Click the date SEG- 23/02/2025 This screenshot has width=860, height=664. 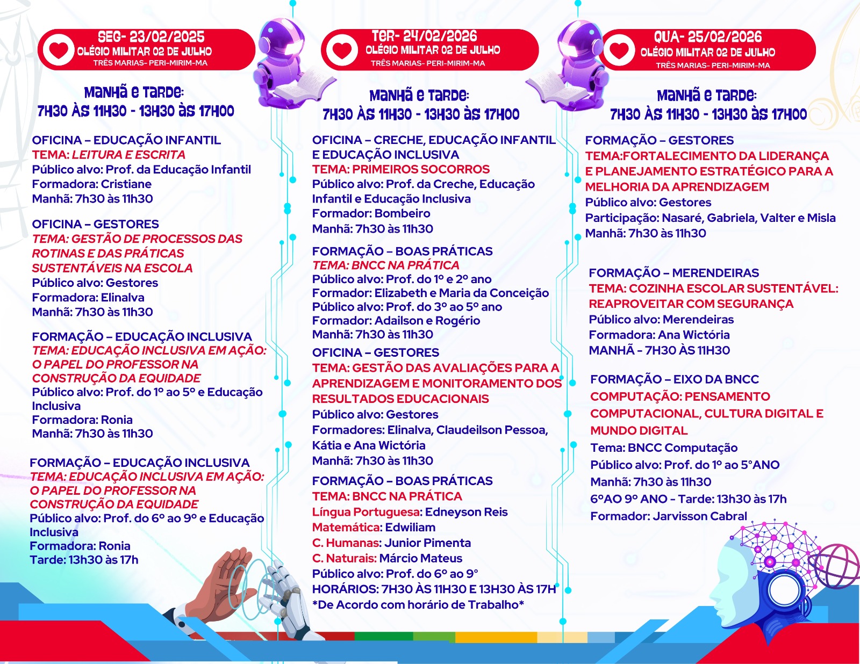click(151, 37)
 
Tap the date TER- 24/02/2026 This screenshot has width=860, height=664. click(424, 36)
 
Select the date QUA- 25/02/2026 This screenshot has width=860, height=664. click(707, 37)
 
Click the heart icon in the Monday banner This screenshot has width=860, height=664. click(58, 50)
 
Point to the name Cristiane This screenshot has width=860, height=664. click(126, 184)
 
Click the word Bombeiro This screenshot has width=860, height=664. click(402, 213)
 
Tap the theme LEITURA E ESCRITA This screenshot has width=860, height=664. click(128, 155)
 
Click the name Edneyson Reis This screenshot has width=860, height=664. click(466, 512)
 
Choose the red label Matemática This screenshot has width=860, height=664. click(346, 528)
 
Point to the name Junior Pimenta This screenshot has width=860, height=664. click(428, 543)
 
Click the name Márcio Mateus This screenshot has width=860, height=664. click(420, 559)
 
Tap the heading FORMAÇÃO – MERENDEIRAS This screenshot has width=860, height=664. click(673, 273)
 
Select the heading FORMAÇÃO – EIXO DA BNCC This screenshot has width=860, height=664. click(674, 379)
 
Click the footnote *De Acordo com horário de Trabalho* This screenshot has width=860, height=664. click(418, 605)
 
